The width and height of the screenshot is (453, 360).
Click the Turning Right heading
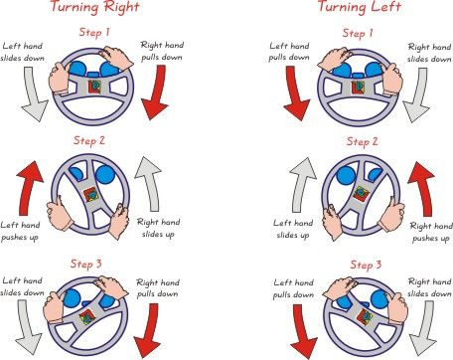(x=94, y=7)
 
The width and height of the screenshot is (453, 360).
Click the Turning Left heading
(x=360, y=7)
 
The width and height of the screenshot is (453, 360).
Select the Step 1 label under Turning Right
(x=94, y=32)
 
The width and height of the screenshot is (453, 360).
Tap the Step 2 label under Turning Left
(x=362, y=141)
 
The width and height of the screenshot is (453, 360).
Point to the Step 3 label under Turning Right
(x=86, y=264)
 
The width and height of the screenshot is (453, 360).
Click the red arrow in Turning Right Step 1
(x=155, y=92)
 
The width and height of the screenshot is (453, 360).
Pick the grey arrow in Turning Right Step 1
(x=34, y=94)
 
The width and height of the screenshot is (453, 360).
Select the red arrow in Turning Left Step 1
(x=296, y=93)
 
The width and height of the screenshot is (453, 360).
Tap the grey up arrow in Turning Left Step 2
(x=301, y=186)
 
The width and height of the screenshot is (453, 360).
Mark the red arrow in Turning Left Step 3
(x=303, y=331)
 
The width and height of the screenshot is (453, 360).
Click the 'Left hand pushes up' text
(x=20, y=232)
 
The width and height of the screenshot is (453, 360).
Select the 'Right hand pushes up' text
(x=431, y=232)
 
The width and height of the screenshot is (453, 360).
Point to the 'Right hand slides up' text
(x=159, y=228)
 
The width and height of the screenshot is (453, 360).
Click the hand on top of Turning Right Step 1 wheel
(x=115, y=57)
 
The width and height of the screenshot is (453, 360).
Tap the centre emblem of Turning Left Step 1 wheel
(x=358, y=87)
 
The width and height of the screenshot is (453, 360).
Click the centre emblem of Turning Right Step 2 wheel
(x=90, y=195)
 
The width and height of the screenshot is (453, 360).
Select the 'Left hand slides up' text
(x=293, y=229)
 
